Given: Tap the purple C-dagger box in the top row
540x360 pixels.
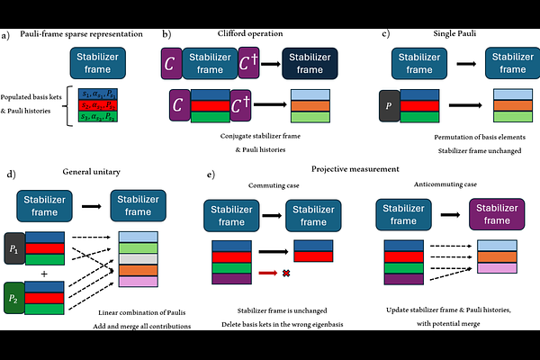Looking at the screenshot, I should (x=248, y=65).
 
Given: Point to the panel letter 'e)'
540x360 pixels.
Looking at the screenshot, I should (x=210, y=174).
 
